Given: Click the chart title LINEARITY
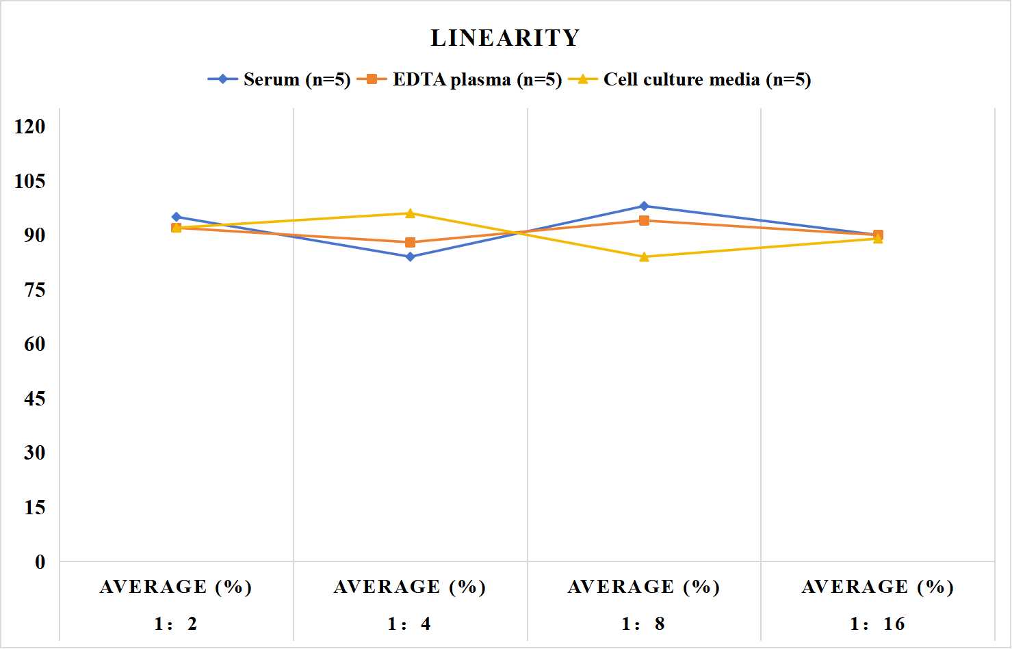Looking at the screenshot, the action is [x=505, y=38].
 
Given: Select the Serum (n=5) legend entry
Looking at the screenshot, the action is [x=279, y=79].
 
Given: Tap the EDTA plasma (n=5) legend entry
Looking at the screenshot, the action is [x=459, y=79].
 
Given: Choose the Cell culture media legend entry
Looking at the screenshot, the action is [x=690, y=79].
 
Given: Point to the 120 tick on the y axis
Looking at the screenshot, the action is [x=30, y=127].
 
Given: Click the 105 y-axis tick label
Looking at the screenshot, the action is [x=30, y=181].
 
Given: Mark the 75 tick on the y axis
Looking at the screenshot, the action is [x=35, y=290].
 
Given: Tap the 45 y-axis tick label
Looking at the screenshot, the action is [x=35, y=399].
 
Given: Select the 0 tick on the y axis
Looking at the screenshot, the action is [x=40, y=562].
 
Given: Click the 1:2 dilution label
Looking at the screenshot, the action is [x=176, y=624].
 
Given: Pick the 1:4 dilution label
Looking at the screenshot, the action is [x=410, y=624].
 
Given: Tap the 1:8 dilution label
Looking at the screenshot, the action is [x=643, y=624].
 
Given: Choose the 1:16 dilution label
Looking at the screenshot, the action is [x=878, y=624].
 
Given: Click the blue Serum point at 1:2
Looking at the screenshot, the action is [x=177, y=217].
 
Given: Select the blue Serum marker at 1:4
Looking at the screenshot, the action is [x=411, y=257].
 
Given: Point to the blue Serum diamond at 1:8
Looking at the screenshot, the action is [x=645, y=207].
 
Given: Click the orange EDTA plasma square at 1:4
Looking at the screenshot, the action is [x=411, y=243].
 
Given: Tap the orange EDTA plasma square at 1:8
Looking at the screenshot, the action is [x=645, y=220].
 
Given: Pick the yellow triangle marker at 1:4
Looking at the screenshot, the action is [x=411, y=213].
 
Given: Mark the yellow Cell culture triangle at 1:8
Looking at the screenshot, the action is [x=645, y=257].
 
